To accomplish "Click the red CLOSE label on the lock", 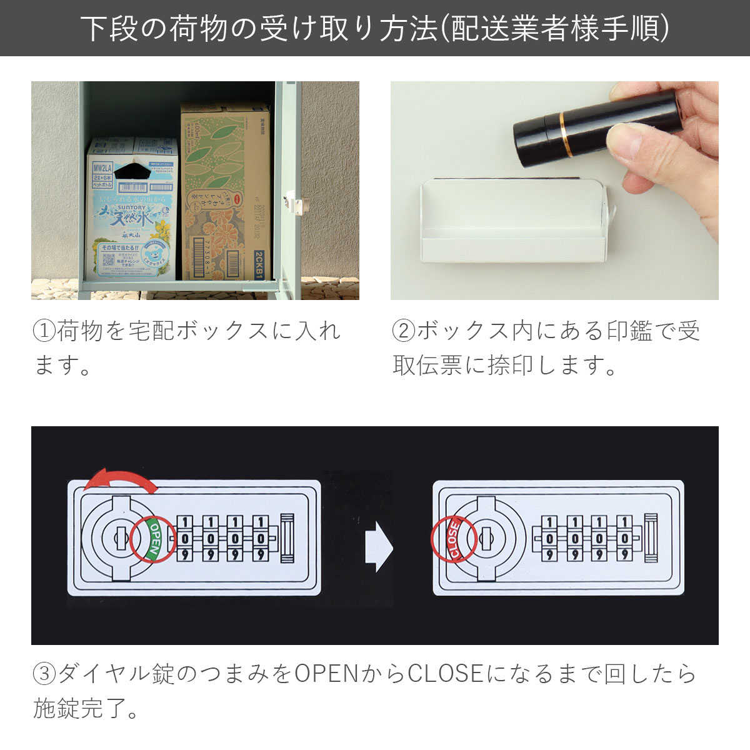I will click(x=453, y=539).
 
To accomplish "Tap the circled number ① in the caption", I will click(x=44, y=331).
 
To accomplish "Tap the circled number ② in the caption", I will click(x=404, y=331).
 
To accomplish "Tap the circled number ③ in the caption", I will click(x=44, y=674).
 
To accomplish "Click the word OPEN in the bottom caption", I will click(x=326, y=674).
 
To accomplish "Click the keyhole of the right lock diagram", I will click(x=486, y=536).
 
